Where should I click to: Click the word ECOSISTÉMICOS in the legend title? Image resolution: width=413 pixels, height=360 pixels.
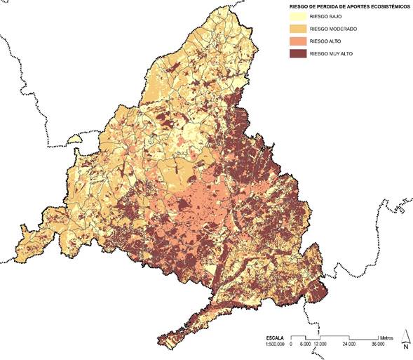pos(381,6)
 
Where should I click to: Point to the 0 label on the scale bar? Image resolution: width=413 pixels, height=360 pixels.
pos(291,344)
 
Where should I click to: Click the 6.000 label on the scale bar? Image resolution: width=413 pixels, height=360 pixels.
pos(304,344)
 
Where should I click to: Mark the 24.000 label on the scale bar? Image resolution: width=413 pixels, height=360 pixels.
pos(348,344)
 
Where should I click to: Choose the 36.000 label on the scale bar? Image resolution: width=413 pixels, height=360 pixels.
pos(379,344)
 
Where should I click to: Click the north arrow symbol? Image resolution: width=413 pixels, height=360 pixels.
pos(405,336)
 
